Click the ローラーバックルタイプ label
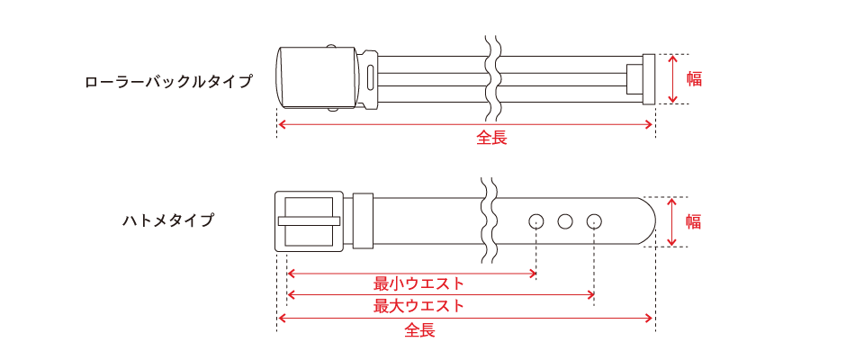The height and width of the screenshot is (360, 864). pyautogui.click(x=168, y=81)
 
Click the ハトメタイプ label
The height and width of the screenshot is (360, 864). pyautogui.click(x=168, y=220)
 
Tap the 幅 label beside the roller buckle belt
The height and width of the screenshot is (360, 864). pyautogui.click(x=694, y=78)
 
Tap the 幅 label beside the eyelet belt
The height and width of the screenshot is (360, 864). pyautogui.click(x=693, y=221)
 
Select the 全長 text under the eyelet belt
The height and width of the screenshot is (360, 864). pyautogui.click(x=419, y=330)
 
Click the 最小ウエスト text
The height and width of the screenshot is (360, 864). pyautogui.click(x=418, y=284)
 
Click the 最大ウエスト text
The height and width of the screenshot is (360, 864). pyautogui.click(x=418, y=306)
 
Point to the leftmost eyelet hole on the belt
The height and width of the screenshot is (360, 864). pyautogui.click(x=535, y=220)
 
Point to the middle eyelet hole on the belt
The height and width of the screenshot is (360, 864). pyautogui.click(x=565, y=220)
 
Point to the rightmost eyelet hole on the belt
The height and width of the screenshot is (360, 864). pyautogui.click(x=594, y=220)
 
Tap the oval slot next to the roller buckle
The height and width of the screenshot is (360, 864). pyautogui.click(x=371, y=78)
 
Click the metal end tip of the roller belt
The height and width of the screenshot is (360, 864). pyautogui.click(x=646, y=78)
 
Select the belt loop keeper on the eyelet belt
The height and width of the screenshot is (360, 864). pyautogui.click(x=363, y=220)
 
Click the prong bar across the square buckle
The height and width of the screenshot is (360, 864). pyautogui.click(x=309, y=220)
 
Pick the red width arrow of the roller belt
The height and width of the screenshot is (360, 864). pyautogui.click(x=674, y=78)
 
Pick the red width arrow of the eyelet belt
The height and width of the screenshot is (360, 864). pyautogui.click(x=672, y=221)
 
